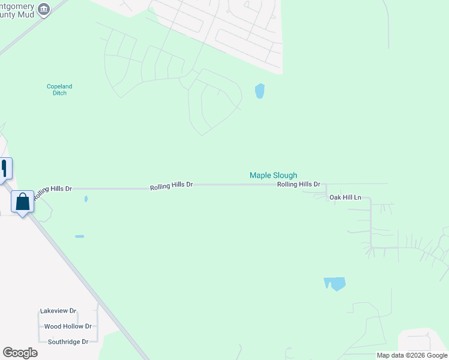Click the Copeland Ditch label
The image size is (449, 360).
pos(59,89)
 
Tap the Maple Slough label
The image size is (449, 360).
pos(273,175)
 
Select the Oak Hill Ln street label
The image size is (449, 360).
pos(345,197)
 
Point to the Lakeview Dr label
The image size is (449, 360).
pos(58,311)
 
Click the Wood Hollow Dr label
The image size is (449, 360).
pos(68,326)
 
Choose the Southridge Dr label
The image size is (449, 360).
pos(68,341)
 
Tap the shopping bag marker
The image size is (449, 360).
pos(23,202)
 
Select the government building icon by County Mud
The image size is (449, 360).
pos(43,8)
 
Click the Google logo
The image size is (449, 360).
pos(20,353)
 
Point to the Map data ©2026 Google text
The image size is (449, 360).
pos(411,355)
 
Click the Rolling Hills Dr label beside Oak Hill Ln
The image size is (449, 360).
pos(298,184)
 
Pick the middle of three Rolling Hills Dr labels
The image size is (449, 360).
pos(171,185)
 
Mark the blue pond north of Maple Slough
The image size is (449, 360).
pos(260,91)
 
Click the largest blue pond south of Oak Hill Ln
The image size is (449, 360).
pos(335,283)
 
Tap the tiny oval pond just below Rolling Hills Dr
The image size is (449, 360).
pos(86,199)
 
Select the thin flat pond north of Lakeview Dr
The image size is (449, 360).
pos(79,236)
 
